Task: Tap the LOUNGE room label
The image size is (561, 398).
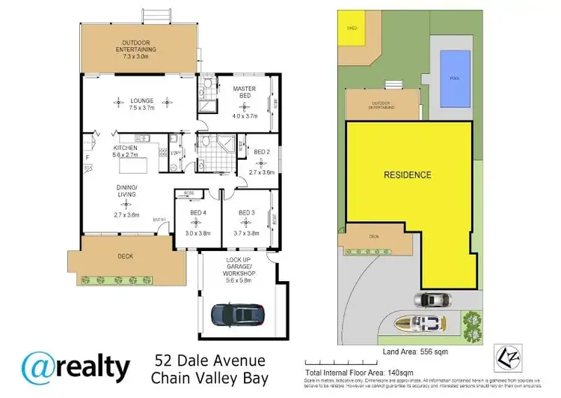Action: (x=141, y=100)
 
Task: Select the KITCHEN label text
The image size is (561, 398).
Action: (x=126, y=148)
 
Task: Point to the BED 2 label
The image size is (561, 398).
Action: (x=261, y=152)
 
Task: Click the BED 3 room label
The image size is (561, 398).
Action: (x=247, y=212)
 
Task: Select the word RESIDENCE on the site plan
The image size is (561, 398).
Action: (x=408, y=175)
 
